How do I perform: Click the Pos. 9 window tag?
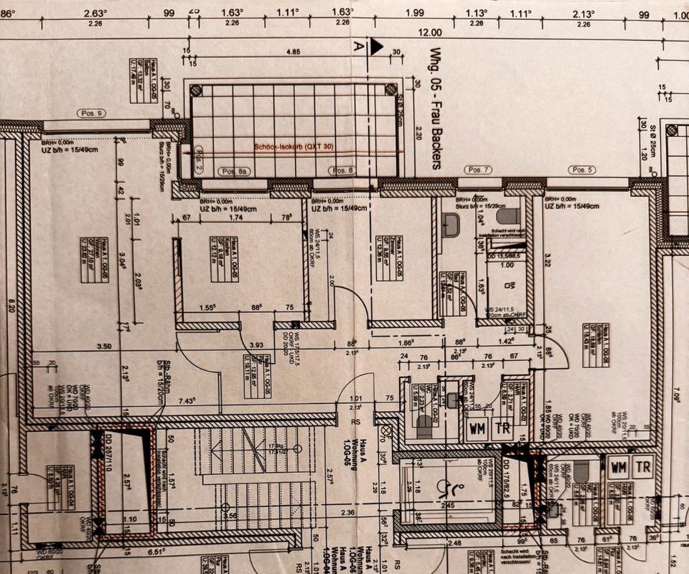click(x=91, y=113)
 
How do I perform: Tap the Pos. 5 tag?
click(x=581, y=169)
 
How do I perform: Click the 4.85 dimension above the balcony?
click(x=293, y=52)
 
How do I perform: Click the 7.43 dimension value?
click(x=188, y=400)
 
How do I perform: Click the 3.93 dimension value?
click(x=256, y=344)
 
